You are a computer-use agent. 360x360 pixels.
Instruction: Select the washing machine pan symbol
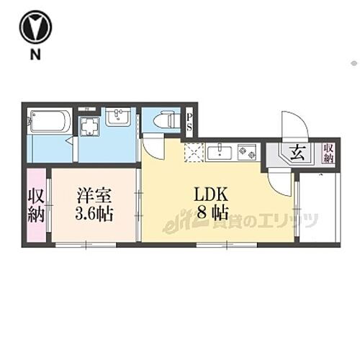click(x=91, y=127)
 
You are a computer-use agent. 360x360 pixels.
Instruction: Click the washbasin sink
click(x=117, y=117)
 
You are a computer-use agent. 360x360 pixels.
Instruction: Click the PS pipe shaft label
click(x=190, y=122)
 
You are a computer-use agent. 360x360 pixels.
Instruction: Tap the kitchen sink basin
click(x=219, y=152)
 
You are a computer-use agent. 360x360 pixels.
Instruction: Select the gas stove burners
click(x=247, y=152)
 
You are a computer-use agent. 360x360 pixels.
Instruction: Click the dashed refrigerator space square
click(x=194, y=151)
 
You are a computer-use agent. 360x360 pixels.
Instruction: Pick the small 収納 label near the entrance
click(x=329, y=153)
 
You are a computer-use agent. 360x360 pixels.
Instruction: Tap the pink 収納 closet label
click(x=35, y=205)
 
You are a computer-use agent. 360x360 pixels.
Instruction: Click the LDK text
click(x=210, y=194)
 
